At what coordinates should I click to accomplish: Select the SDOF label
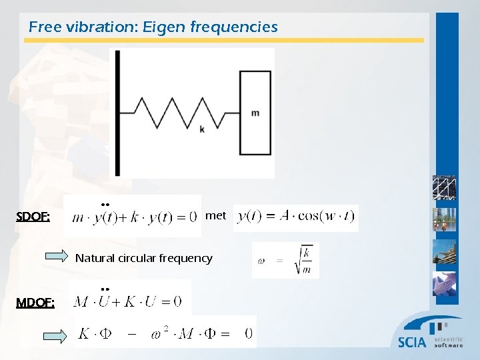tap(33, 217)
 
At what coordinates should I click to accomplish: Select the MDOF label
tap(35, 303)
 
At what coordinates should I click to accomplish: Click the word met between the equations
tap(215, 216)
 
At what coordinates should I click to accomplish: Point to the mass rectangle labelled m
tap(255, 113)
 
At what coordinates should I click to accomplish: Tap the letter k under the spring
tap(202, 129)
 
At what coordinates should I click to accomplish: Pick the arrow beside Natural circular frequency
tap(57, 257)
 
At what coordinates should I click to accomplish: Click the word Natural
tap(95, 258)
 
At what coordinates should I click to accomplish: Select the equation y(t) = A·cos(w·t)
tap(296, 217)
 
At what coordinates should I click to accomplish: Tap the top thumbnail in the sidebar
tap(444, 189)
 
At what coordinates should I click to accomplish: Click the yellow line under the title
tap(224, 41)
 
